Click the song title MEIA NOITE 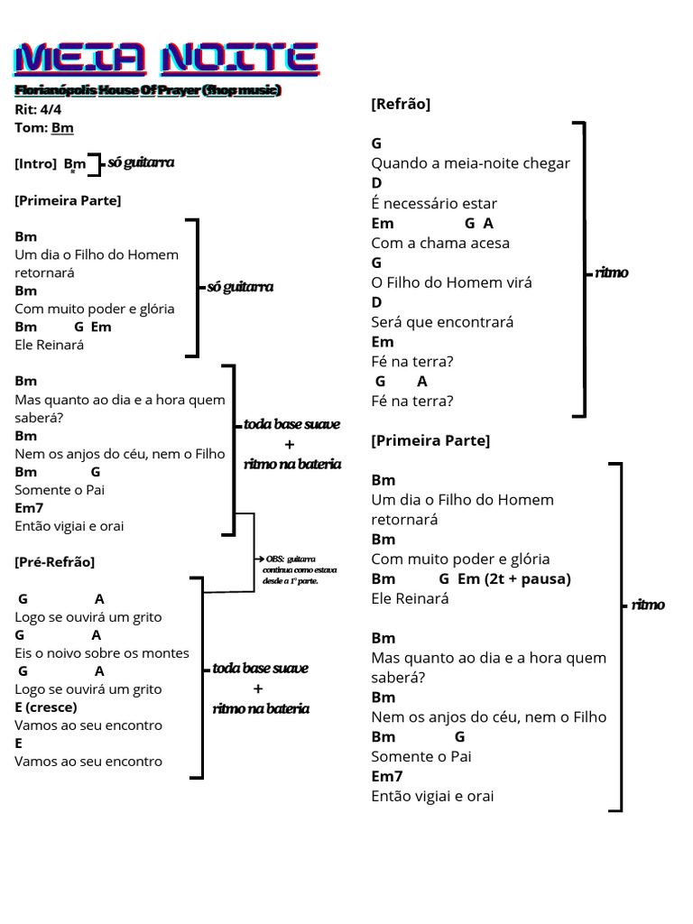(166, 59)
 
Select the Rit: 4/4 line (38, 109)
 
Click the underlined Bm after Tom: (62, 128)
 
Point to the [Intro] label (36, 163)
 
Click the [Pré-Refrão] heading (54, 561)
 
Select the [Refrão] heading (401, 104)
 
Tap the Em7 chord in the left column (29, 508)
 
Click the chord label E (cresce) (46, 707)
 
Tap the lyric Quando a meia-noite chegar (471, 163)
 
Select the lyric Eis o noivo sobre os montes (102, 653)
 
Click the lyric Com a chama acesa (440, 243)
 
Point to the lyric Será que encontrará (442, 322)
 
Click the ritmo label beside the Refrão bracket (612, 273)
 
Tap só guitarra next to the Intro (141, 162)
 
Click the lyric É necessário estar (434, 203)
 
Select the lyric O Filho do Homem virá (451, 282)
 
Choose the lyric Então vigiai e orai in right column (432, 796)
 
